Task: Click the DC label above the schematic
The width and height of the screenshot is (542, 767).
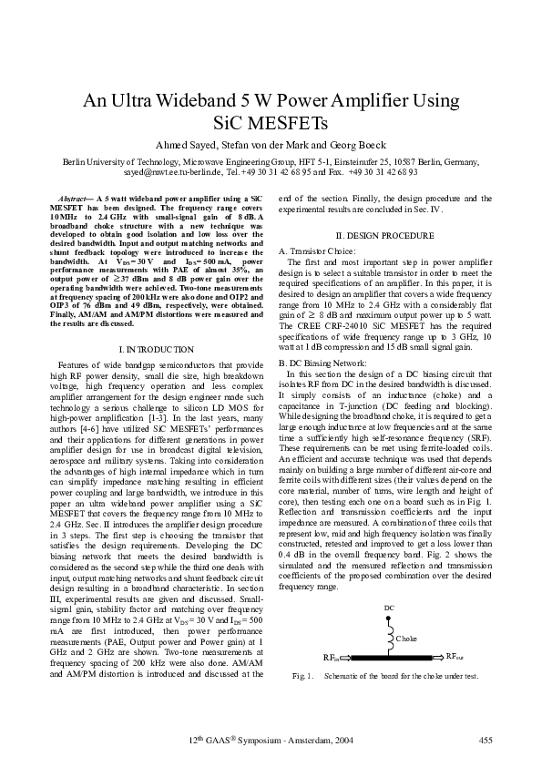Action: (x=389, y=607)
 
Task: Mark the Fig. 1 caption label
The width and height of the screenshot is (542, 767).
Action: (x=302, y=676)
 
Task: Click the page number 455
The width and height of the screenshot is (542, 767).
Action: (x=486, y=739)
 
